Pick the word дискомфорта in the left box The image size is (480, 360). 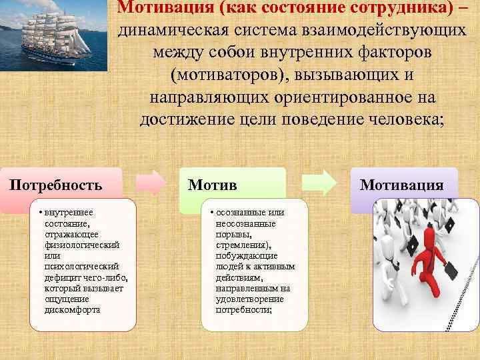pos(73,309)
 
